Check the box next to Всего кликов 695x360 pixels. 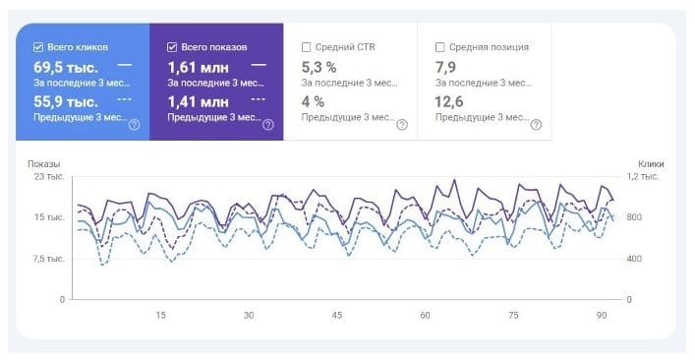(38, 46)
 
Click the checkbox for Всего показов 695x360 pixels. (173, 46)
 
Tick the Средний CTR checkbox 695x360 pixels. (307, 46)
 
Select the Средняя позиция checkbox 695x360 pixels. (439, 46)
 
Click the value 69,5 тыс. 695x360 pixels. (65, 67)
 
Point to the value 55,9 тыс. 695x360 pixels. (65, 101)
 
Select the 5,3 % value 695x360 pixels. (319, 67)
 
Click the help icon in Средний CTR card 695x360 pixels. (401, 124)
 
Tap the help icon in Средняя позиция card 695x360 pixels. (536, 124)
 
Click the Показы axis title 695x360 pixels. (43, 164)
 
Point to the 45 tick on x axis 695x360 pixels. (337, 316)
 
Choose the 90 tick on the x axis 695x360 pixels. (602, 316)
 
